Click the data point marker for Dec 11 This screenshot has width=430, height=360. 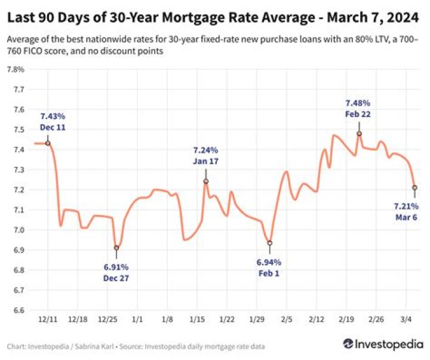48,143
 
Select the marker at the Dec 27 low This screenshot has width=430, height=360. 116,248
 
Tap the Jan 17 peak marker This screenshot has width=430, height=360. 206,181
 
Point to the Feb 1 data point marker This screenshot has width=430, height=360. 270,243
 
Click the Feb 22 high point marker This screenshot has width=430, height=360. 359,134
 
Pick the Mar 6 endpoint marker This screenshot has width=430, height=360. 414,187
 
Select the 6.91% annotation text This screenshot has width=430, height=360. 116,267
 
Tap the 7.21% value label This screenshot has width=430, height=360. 406,207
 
